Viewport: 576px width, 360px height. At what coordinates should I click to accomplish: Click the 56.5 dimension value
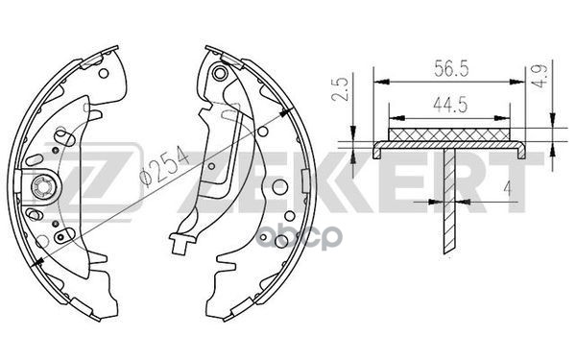pyautogui.click(x=451, y=69)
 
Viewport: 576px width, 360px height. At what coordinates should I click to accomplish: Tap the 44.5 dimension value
pyautogui.click(x=450, y=105)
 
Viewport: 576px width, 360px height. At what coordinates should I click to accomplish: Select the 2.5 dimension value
pyautogui.click(x=340, y=89)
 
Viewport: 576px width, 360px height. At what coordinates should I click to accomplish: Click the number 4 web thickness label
pyautogui.click(x=508, y=189)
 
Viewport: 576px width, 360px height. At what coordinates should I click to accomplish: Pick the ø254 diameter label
pyautogui.click(x=164, y=165)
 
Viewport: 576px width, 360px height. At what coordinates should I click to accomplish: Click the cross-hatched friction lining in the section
pyautogui.click(x=449, y=134)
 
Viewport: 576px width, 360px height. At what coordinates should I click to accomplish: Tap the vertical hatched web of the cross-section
pyautogui.click(x=449, y=202)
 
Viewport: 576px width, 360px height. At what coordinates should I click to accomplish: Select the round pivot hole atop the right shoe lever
pyautogui.click(x=219, y=73)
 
